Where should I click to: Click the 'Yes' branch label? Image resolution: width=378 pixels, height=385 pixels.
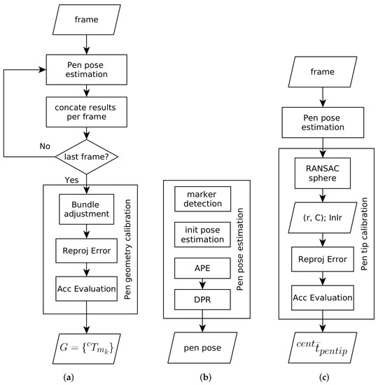(x=71, y=179)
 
